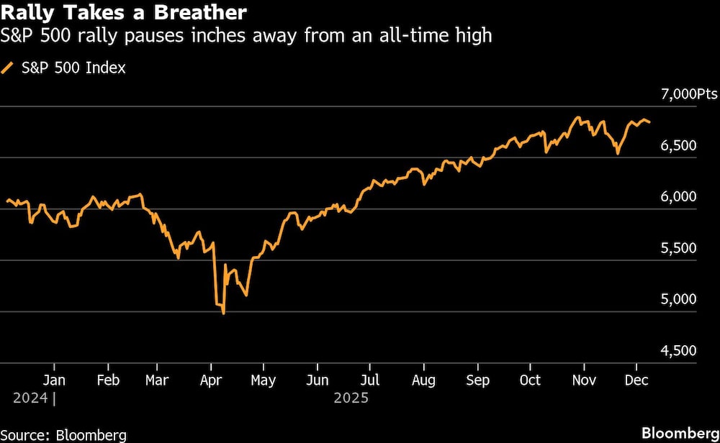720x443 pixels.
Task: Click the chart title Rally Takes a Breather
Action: (x=125, y=12)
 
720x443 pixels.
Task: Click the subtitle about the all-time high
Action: (x=247, y=35)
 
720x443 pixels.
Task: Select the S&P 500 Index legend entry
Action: (x=71, y=68)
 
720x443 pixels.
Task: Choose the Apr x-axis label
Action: (x=211, y=380)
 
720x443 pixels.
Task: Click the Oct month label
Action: (x=530, y=380)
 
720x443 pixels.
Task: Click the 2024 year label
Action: (x=30, y=397)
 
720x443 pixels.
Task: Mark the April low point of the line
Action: (x=224, y=314)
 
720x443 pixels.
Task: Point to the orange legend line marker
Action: (x=8, y=68)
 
